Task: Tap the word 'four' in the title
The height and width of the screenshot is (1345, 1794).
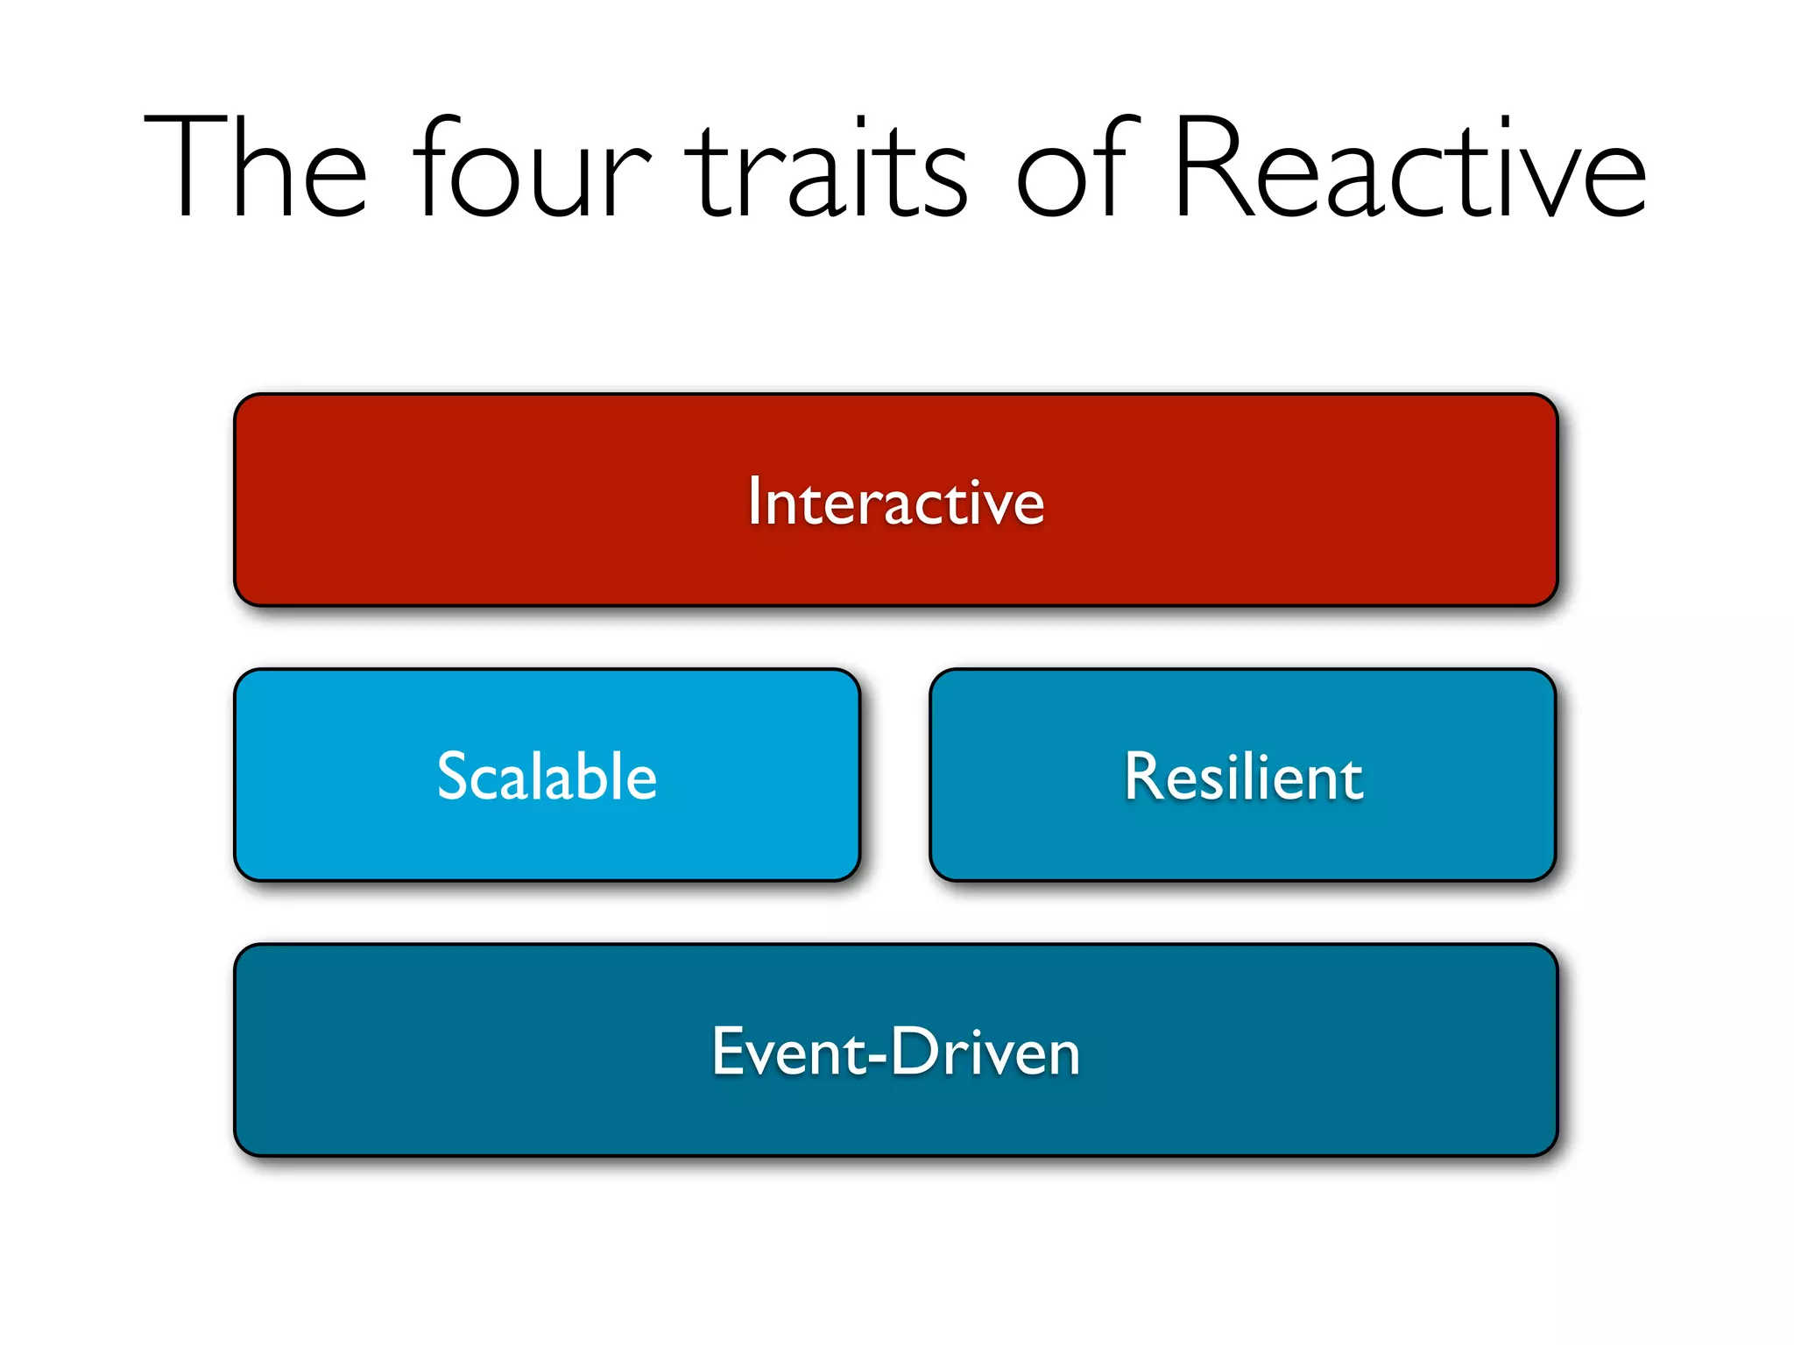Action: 533,166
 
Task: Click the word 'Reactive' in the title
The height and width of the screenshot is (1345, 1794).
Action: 1410,166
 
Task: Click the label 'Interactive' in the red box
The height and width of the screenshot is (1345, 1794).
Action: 895,502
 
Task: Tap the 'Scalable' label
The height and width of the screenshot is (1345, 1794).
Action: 547,776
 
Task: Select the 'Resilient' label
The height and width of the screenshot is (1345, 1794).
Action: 1243,776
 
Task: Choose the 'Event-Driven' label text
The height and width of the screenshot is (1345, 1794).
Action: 895,1051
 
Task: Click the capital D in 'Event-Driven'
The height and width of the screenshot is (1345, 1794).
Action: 916,1050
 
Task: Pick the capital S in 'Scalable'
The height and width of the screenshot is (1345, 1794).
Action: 456,776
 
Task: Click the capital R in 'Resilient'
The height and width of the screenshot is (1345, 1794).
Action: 1147,776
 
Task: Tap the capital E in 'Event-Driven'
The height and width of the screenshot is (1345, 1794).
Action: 730,1050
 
